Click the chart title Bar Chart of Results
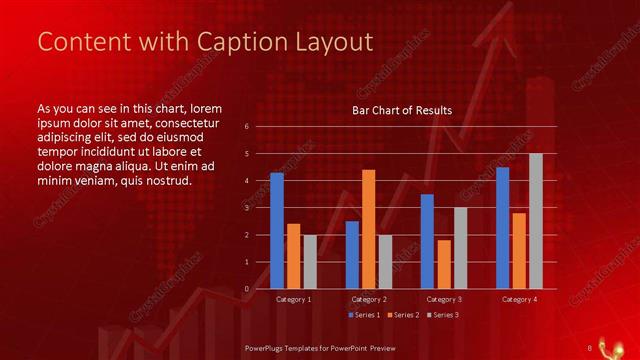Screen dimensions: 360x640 click(402, 110)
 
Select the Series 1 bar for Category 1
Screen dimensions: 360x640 click(277, 231)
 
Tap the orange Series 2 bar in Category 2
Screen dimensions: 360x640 click(368, 229)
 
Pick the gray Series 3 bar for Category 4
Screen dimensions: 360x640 click(535, 221)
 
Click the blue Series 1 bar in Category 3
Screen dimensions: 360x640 click(427, 241)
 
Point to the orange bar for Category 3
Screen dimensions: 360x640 click(443, 264)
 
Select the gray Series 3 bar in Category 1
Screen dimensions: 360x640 click(310, 262)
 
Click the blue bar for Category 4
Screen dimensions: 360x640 click(502, 228)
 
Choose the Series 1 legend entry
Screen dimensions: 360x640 click(363, 315)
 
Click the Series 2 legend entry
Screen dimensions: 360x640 click(402, 315)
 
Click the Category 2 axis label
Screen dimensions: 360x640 click(369, 299)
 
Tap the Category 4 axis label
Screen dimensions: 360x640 click(518, 299)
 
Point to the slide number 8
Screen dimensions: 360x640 click(589, 348)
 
